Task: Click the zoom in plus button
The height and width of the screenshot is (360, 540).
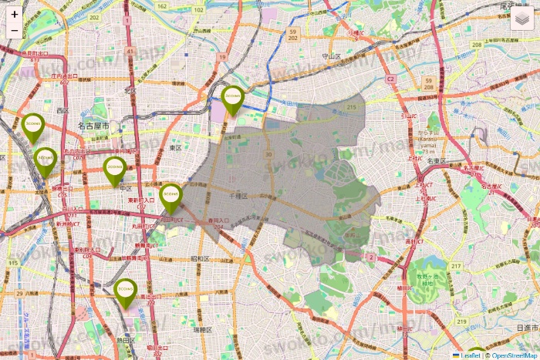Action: click(x=15, y=14)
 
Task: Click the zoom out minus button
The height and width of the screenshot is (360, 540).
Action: click(x=15, y=31)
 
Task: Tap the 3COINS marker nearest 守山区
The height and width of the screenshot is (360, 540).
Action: click(x=232, y=99)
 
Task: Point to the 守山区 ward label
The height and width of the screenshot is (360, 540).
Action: click(x=331, y=57)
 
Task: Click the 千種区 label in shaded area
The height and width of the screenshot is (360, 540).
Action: click(x=238, y=197)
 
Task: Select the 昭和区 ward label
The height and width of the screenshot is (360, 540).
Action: click(x=198, y=258)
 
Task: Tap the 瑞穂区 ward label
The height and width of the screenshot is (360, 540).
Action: click(x=203, y=329)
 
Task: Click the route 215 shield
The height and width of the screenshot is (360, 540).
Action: click(x=352, y=107)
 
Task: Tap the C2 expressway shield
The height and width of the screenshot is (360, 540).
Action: click(x=390, y=79)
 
